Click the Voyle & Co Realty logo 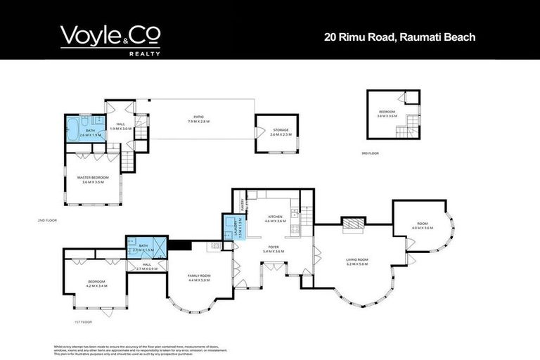pos(110,39)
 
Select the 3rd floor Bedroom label pos(387,114)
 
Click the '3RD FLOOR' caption pos(361,153)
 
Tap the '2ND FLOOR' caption pos(46,220)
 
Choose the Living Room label pos(357,262)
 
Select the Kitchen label pos(275,219)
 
